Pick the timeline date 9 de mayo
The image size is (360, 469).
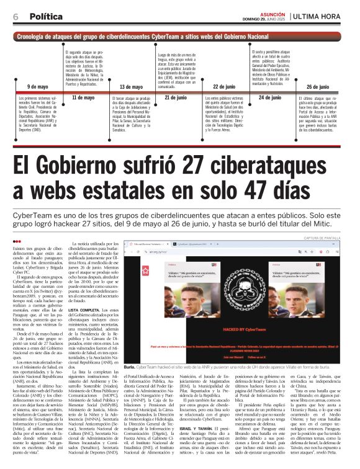(x=37, y=87)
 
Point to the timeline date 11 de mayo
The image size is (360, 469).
(x=83, y=97)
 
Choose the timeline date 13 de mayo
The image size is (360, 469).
(x=130, y=87)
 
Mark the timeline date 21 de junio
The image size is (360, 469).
(x=175, y=97)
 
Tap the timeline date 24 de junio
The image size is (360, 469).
(x=269, y=97)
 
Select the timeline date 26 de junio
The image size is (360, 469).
(x=317, y=87)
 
